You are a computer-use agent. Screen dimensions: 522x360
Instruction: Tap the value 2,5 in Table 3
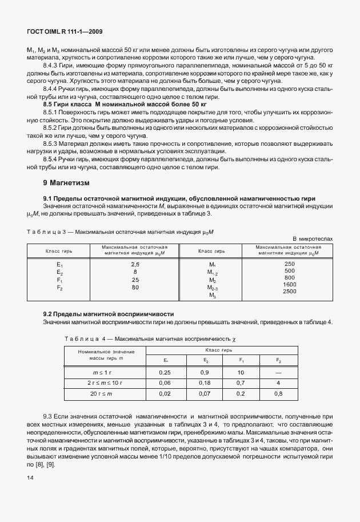coord(135,264)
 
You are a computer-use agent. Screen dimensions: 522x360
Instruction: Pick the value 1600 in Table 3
coord(289,284)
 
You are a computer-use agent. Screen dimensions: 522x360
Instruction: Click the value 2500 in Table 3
coord(289,292)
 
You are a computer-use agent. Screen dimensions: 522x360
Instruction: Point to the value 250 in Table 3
coord(289,264)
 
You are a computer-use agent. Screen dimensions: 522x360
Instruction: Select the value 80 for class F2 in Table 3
coord(135,288)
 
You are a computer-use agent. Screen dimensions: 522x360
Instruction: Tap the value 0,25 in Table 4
coord(165,373)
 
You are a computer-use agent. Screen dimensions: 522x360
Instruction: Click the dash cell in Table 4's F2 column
coord(278,373)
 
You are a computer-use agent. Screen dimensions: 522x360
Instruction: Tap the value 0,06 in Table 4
coord(165,382)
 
